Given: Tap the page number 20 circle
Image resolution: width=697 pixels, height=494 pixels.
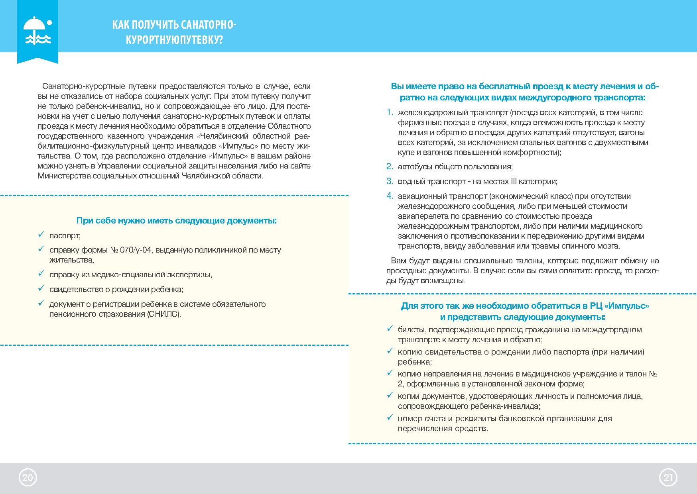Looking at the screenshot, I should point(28,478).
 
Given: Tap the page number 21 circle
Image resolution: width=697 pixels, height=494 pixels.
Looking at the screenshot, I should point(668,478).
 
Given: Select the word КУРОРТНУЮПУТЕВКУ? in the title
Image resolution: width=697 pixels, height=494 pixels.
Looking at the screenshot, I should point(174,40).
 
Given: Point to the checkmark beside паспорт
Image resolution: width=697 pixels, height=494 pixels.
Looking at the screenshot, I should point(40,235).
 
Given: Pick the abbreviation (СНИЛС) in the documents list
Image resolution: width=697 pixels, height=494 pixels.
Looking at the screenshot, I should point(163,314).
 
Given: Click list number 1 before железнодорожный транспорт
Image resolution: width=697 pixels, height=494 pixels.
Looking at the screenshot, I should point(390,112).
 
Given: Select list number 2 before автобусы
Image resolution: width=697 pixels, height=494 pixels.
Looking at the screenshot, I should point(390,167).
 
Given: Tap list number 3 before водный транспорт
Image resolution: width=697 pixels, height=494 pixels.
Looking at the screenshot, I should point(390,181).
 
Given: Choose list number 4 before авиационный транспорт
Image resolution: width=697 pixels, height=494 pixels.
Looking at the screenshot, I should point(390,196).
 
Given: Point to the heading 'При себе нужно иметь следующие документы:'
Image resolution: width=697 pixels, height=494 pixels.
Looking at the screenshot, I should point(176,221).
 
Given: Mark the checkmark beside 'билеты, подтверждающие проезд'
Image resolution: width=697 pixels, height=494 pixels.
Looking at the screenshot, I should point(390,329).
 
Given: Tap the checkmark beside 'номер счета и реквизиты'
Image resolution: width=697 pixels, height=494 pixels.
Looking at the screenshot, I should point(390,418).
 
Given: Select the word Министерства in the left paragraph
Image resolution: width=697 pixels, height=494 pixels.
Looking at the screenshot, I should point(63,176).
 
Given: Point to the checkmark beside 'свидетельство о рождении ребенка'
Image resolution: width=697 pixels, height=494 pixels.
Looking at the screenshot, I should point(40,289).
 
